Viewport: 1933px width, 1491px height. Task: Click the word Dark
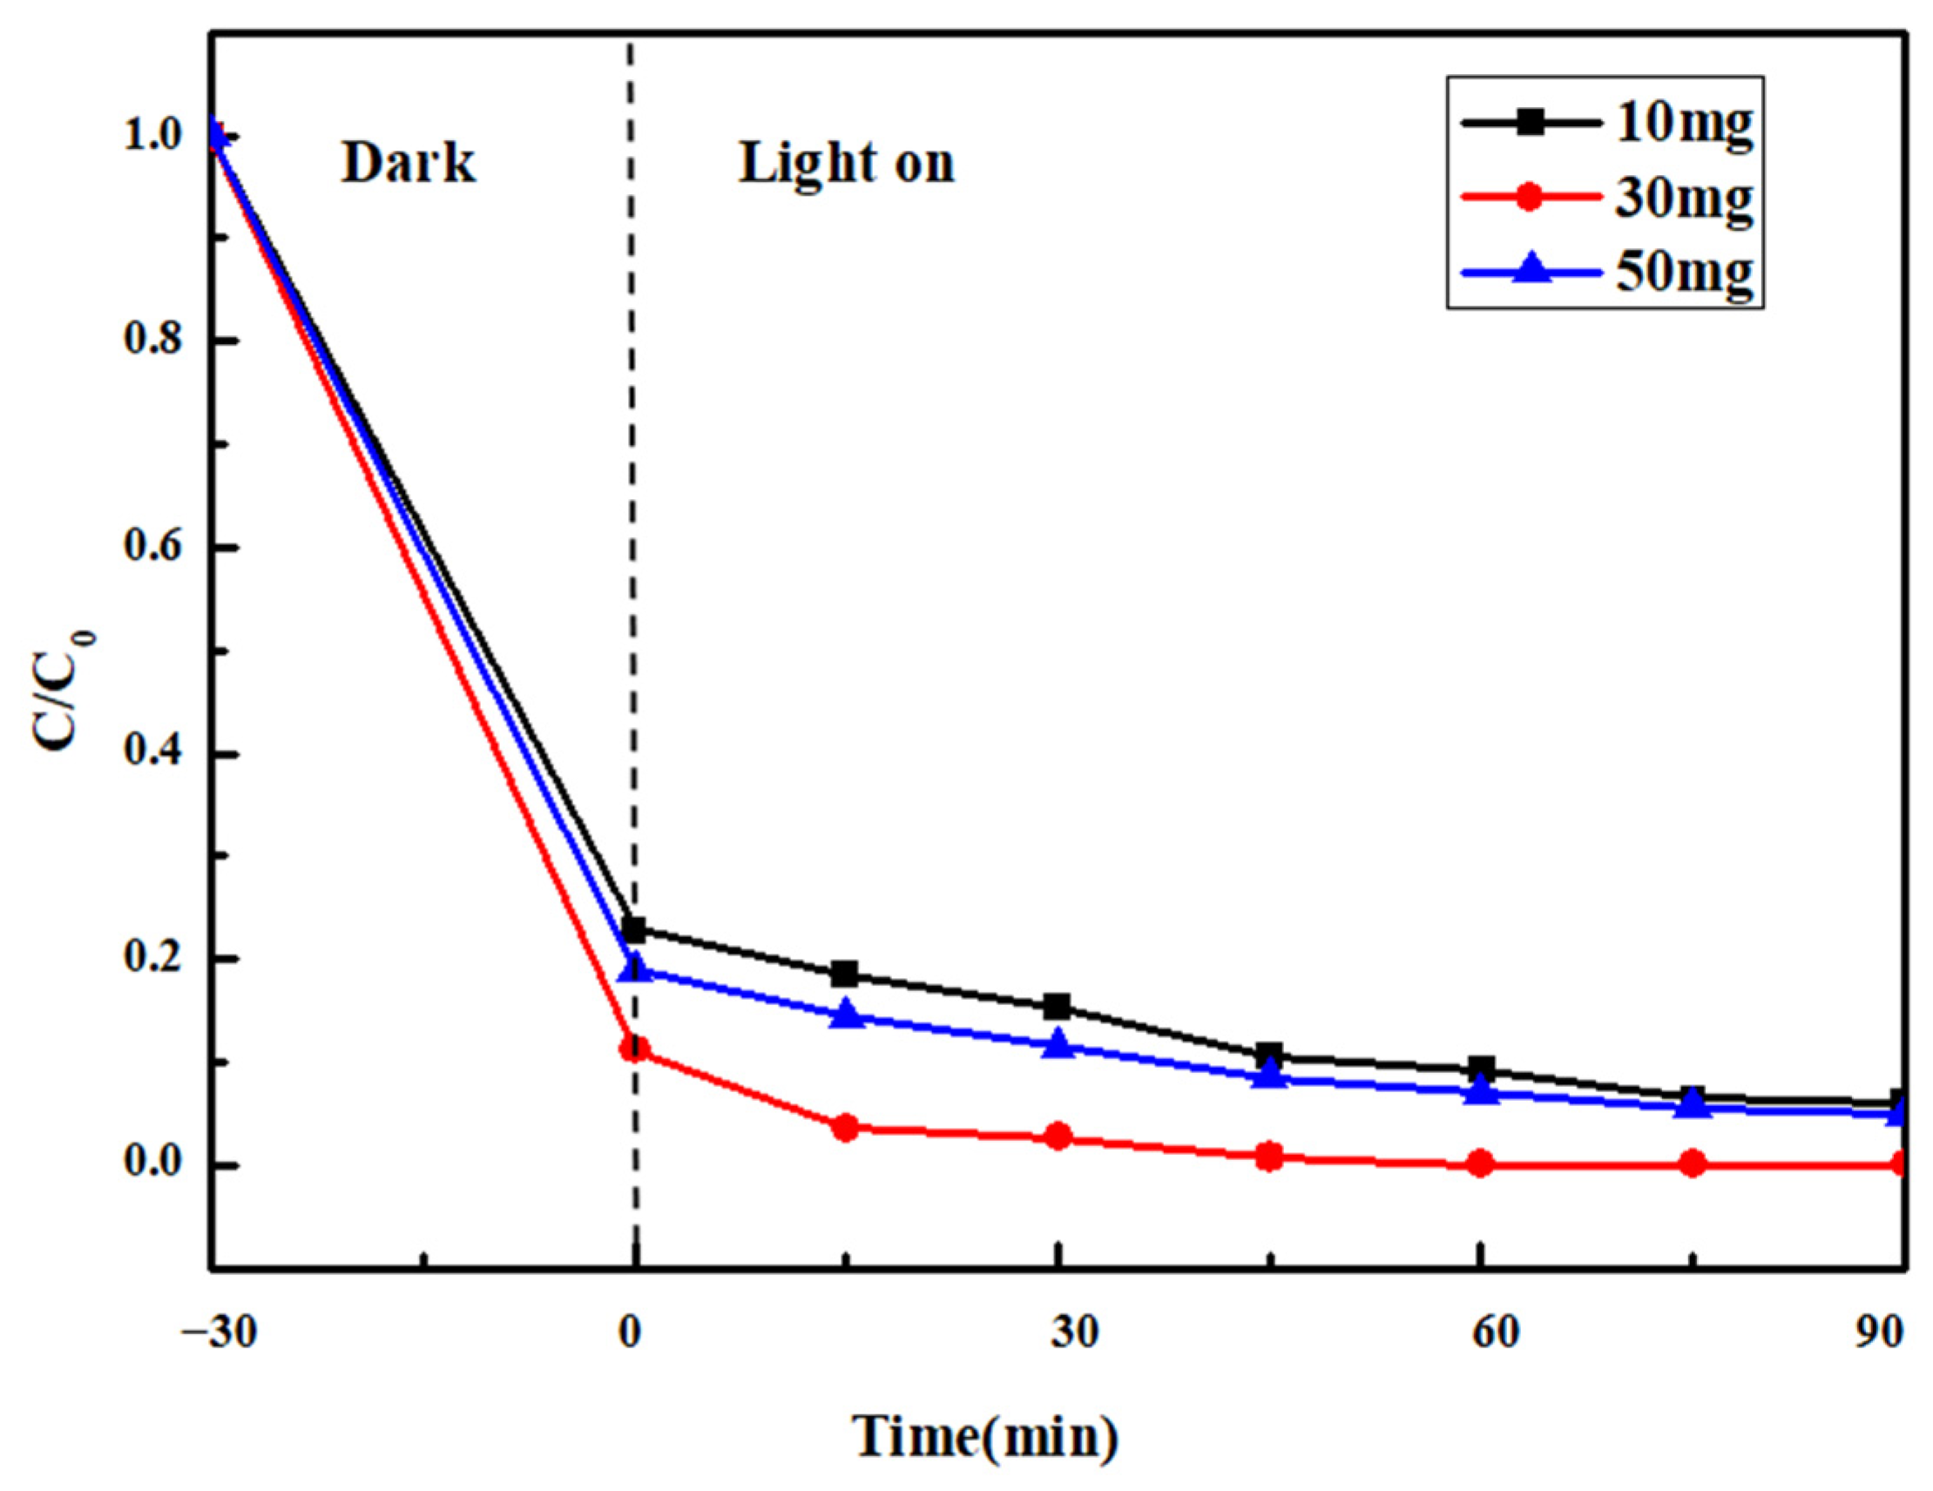408,164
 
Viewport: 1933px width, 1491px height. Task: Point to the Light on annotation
847,164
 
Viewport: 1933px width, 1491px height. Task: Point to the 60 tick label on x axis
1496,1332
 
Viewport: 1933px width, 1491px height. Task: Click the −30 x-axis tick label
219,1332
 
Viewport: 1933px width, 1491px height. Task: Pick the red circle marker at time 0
634,1049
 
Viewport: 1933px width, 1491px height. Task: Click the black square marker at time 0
634,929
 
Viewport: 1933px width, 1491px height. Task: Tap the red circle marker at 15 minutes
846,1127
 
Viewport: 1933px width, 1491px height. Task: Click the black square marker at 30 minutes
1058,1006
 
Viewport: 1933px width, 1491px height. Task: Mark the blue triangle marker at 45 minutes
1269,1075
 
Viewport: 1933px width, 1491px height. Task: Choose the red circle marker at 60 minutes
1481,1164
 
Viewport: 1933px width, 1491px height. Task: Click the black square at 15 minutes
846,975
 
